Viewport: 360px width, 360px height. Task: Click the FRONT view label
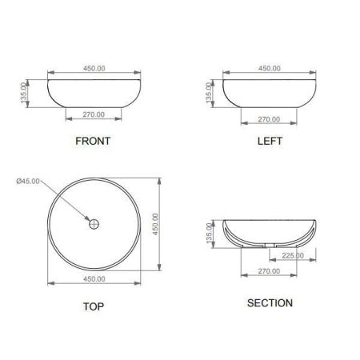[x=93, y=141]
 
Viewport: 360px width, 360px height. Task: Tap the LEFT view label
[x=270, y=141]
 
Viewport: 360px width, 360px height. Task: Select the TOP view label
[x=94, y=306]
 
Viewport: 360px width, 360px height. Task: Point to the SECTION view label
[x=270, y=303]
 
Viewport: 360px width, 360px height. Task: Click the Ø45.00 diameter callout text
[x=28, y=182]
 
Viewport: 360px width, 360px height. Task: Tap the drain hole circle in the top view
[x=94, y=224]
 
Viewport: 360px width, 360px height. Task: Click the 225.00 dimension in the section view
[x=293, y=255]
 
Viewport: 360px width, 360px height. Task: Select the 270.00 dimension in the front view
[x=94, y=114]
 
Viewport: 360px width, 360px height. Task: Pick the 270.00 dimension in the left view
[x=269, y=119]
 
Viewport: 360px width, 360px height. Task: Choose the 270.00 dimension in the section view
[x=269, y=271]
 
